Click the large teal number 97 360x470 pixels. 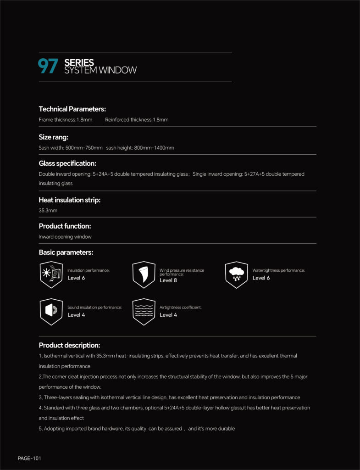pos(48,67)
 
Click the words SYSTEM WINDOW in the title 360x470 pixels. pos(100,71)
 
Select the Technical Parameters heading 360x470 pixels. pos(72,109)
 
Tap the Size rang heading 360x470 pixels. pos(54,137)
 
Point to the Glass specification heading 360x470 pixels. pos(67,163)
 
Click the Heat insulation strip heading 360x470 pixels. pos(69,200)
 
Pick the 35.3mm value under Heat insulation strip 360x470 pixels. pos(48,210)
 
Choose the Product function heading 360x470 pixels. pos(65,226)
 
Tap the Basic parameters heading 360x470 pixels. pos(66,252)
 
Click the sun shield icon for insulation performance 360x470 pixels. pos(51,274)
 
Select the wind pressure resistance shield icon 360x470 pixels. pos(144,274)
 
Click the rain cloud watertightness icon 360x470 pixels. pos(236,274)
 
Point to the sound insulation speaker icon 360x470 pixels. pos(51,312)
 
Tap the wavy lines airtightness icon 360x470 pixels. pos(144,312)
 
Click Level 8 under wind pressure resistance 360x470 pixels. pos(168,280)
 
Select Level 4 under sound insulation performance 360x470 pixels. pos(76,315)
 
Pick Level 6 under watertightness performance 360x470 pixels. pos(261,278)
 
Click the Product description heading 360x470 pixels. pos(69,345)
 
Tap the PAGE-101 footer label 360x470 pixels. pos(29,458)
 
